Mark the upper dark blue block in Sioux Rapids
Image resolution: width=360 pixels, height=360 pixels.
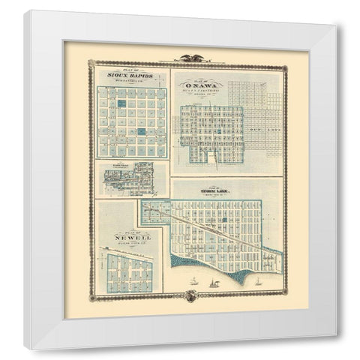tap(121, 101)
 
